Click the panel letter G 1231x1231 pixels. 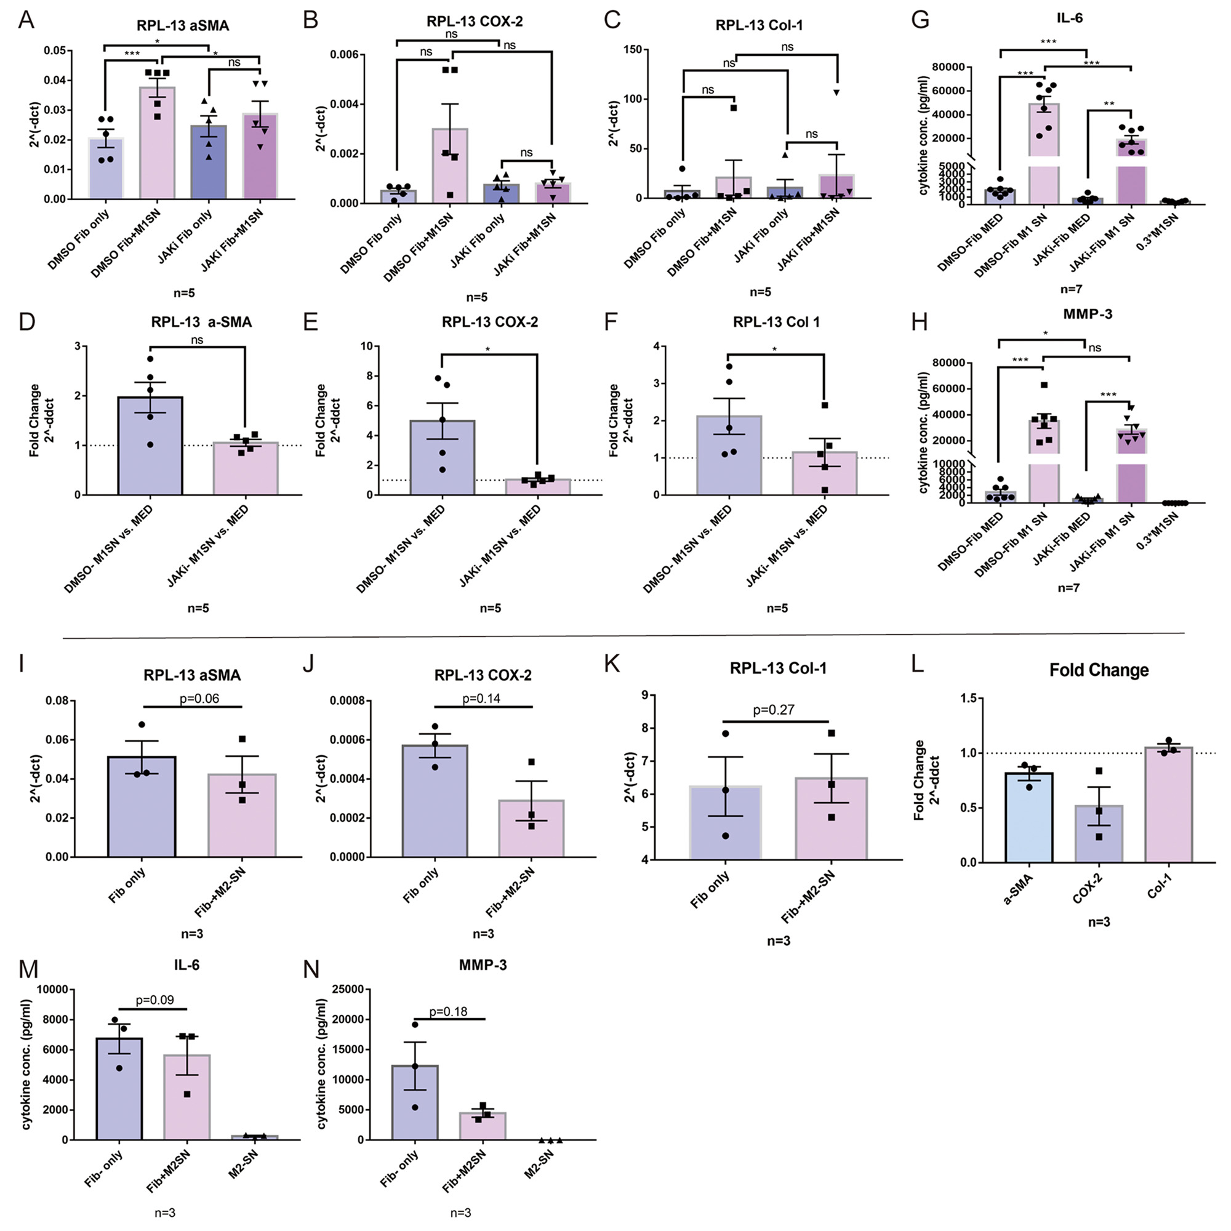(x=921, y=20)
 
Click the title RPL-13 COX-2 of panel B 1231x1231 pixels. (x=474, y=21)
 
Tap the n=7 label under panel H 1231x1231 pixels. (x=1068, y=588)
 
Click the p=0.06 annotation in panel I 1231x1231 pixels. (x=199, y=699)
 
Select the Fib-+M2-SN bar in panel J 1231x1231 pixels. (x=531, y=828)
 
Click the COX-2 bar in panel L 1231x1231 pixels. (x=1099, y=833)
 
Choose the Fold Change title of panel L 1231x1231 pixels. (x=1099, y=670)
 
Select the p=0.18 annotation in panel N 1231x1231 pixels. (x=448, y=1011)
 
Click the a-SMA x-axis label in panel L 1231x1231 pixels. (x=1017, y=890)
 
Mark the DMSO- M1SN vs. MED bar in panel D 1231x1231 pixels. (x=150, y=446)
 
